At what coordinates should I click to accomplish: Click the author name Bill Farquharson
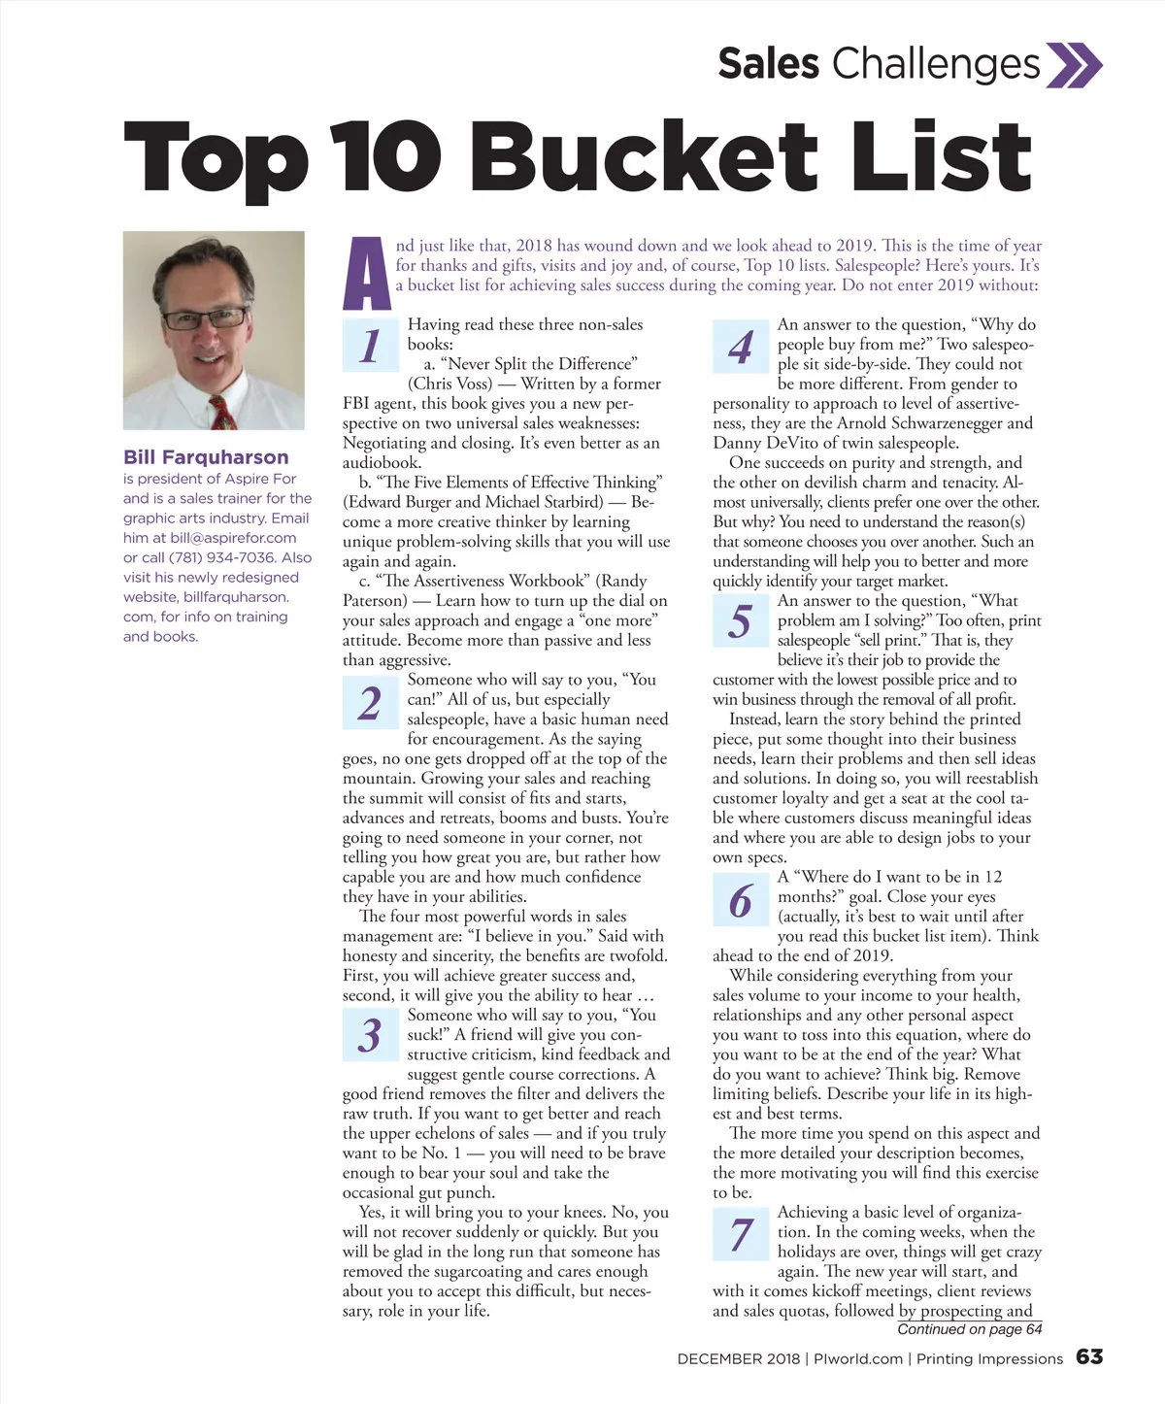[206, 457]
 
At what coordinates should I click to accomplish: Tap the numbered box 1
[371, 346]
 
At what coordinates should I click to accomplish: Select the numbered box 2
[371, 702]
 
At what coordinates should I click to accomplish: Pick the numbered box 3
[371, 1035]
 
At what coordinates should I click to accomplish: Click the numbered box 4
[741, 346]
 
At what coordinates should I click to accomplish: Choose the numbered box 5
[741, 621]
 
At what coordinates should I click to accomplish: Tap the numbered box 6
[741, 900]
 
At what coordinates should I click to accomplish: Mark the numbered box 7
[741, 1233]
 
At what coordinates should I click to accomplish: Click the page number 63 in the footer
[1089, 1357]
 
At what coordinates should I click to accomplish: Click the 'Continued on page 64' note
[969, 1329]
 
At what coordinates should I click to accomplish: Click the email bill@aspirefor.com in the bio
[233, 538]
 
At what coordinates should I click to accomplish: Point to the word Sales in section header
[768, 64]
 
